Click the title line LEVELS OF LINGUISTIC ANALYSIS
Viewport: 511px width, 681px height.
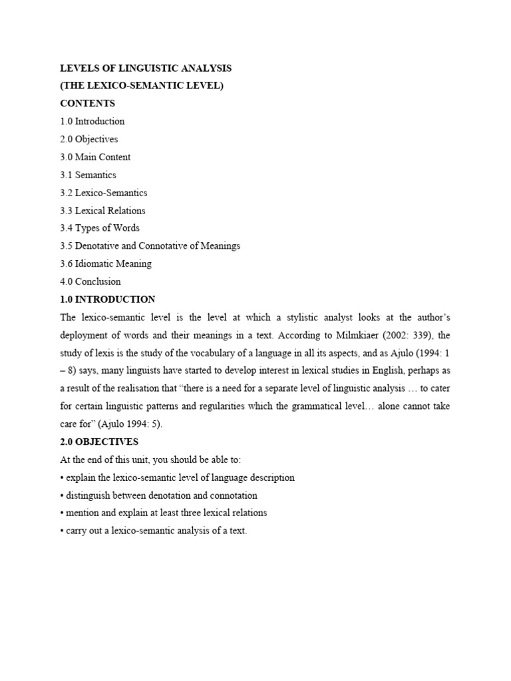coord(146,68)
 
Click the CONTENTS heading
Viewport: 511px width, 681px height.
coord(87,104)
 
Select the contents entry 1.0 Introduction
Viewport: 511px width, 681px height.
coord(92,122)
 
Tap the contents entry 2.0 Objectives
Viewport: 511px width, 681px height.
coord(89,140)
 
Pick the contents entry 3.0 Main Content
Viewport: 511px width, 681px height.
coord(95,158)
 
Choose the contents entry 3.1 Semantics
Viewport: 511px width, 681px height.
coord(88,176)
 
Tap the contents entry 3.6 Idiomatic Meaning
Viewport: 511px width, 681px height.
coord(106,264)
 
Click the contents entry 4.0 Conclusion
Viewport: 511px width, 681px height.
coord(90,282)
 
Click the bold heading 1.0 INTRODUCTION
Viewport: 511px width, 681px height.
coord(108,300)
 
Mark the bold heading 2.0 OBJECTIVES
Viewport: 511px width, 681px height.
coord(99,442)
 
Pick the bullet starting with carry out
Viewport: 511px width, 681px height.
coord(156,531)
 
